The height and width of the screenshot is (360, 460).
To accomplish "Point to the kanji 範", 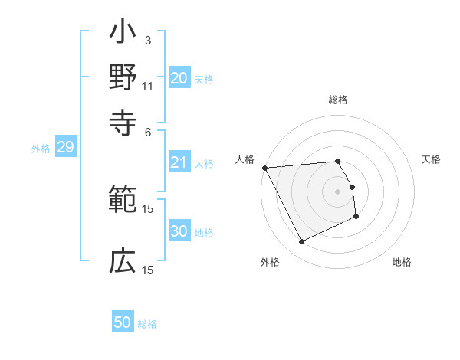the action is (123, 201).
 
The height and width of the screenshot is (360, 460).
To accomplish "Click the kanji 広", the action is (123, 262).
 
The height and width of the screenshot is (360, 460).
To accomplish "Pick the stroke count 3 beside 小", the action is (147, 40).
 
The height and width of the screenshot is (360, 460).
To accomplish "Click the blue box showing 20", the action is (179, 78).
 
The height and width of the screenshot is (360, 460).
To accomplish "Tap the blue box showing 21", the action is (179, 162).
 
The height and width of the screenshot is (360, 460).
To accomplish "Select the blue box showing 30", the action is (179, 232).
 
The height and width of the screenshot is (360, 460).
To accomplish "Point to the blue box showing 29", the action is (65, 148).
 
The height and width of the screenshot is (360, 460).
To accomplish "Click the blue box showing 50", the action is (123, 322).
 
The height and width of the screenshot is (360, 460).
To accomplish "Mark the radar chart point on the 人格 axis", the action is (265, 168).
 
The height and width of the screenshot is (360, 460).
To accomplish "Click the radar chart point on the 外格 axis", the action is (301, 242).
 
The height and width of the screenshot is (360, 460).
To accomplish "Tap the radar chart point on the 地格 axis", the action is (356, 218).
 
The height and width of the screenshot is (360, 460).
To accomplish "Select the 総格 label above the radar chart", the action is (338, 100).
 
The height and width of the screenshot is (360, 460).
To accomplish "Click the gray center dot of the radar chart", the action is (338, 191).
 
